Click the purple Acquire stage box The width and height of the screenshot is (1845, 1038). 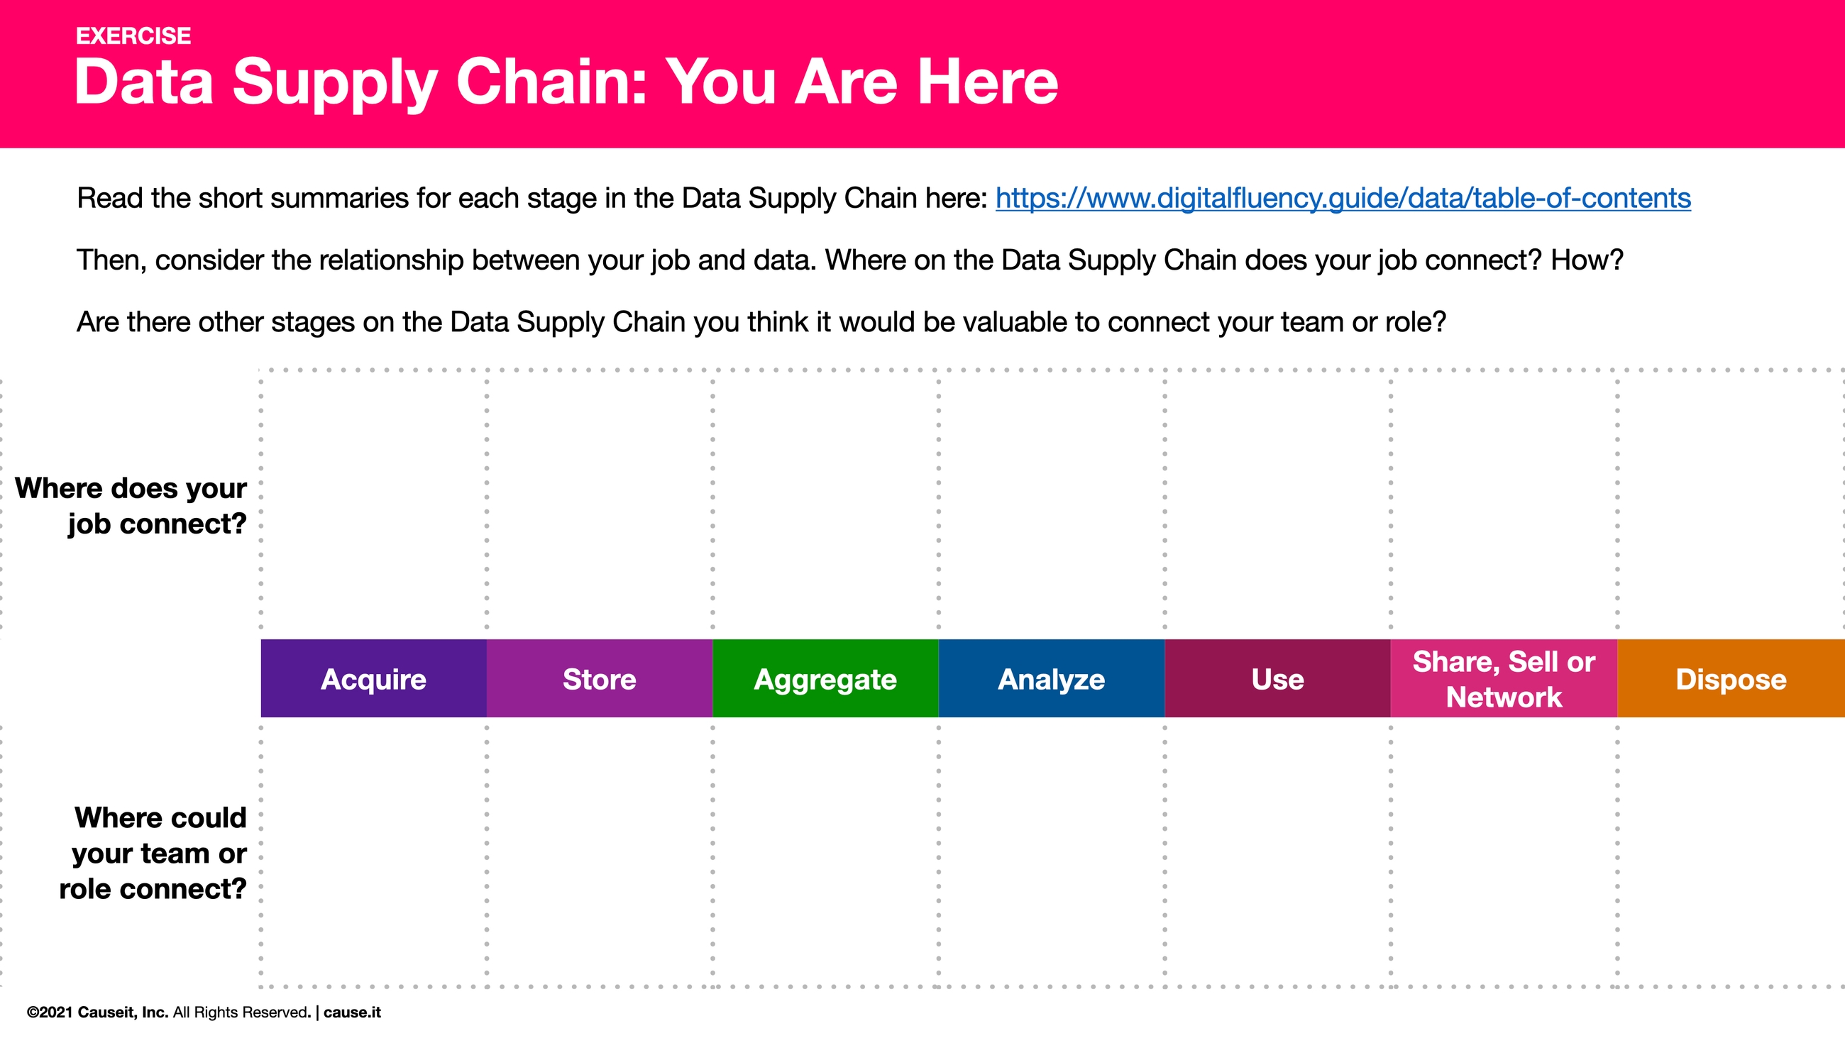(373, 678)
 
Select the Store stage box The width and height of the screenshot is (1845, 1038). (600, 678)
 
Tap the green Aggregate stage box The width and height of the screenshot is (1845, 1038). (825, 678)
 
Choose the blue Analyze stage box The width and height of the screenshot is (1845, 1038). (1052, 678)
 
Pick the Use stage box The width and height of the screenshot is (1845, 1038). (1278, 678)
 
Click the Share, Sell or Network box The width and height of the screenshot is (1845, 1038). (1504, 678)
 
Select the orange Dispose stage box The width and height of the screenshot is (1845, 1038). (1731, 678)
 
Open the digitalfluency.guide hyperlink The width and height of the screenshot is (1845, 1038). (1343, 199)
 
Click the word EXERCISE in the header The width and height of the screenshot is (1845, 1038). (133, 35)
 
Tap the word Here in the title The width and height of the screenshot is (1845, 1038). (988, 82)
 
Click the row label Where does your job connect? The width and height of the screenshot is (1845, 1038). (132, 506)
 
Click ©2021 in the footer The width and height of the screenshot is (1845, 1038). (50, 1012)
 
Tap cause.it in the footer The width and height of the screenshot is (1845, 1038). (353, 1012)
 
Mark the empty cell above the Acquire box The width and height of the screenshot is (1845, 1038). (373, 502)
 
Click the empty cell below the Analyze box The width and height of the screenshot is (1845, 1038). (1052, 852)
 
